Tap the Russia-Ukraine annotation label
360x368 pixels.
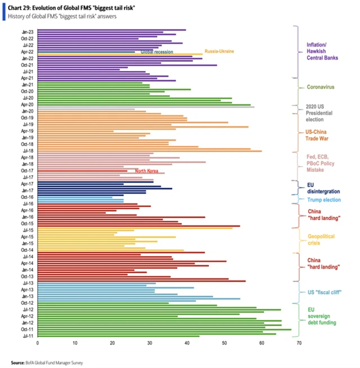pyautogui.click(x=219, y=51)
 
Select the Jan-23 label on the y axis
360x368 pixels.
pyautogui.click(x=26, y=30)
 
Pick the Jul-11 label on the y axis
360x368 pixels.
pyautogui.click(x=26, y=335)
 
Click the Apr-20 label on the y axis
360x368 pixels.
pyautogui.click(x=26, y=105)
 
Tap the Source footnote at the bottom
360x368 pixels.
pyautogui.click(x=47, y=362)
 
